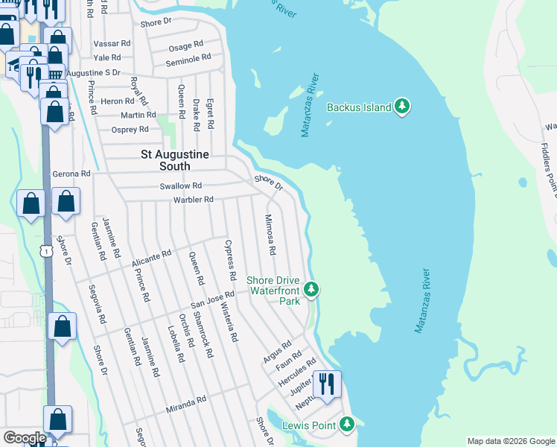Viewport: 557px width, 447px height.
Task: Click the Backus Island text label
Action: (359, 107)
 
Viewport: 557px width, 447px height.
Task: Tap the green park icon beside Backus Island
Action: (403, 107)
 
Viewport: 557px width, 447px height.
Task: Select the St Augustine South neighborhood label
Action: (176, 160)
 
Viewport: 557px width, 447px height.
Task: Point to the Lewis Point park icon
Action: (346, 425)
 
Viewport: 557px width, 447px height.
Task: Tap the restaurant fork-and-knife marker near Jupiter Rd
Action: (326, 384)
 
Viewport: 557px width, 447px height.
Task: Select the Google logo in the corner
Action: (24, 438)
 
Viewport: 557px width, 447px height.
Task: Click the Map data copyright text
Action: (510, 441)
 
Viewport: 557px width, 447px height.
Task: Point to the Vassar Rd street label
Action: (112, 44)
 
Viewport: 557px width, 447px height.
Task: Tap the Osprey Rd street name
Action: (130, 130)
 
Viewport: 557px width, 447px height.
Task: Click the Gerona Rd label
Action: (71, 174)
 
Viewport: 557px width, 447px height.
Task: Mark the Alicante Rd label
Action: (151, 258)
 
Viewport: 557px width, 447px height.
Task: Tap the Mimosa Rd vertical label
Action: (270, 235)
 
